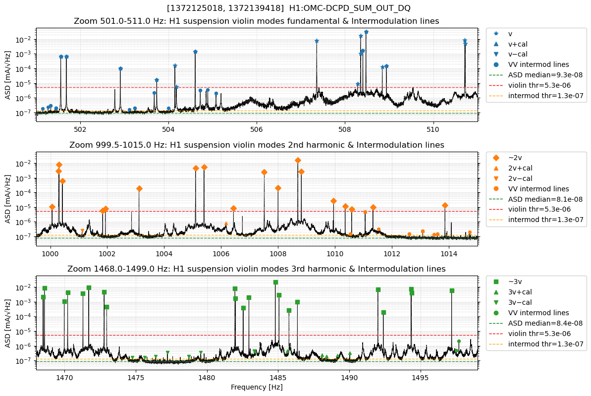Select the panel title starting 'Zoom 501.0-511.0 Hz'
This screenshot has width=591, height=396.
tap(256, 21)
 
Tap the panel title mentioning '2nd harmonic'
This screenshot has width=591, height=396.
tap(256, 145)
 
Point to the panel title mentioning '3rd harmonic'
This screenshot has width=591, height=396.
tap(256, 269)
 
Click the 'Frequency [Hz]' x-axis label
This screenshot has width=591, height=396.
tap(256, 387)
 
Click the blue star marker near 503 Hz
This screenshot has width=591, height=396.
tap(120, 69)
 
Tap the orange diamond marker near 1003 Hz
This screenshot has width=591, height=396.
tap(139, 188)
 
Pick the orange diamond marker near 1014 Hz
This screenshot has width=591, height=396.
tap(445, 205)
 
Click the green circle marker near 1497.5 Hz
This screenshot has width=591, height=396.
tap(459, 341)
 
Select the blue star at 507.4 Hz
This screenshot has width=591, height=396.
tap(317, 41)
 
